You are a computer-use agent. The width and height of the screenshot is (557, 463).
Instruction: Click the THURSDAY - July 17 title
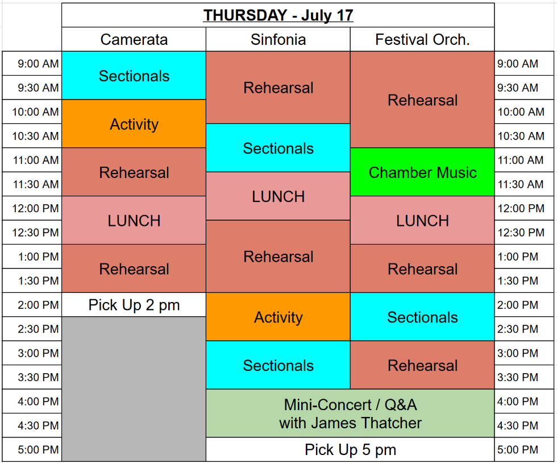(278, 15)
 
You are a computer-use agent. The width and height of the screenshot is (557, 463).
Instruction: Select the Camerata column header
(134, 39)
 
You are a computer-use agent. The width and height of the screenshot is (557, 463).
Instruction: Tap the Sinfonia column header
(278, 39)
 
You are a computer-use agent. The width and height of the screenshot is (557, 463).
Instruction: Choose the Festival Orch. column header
(422, 39)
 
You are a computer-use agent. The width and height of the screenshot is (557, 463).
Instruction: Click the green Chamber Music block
(422, 172)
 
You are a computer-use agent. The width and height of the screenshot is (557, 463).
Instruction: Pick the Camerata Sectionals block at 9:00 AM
(134, 76)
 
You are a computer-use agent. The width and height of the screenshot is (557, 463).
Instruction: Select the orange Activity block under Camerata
(134, 124)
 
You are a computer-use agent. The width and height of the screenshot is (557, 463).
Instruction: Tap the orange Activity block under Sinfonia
(278, 317)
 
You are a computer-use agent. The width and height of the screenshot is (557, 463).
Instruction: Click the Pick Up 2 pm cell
(134, 305)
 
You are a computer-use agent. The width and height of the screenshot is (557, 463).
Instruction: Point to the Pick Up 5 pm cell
(350, 449)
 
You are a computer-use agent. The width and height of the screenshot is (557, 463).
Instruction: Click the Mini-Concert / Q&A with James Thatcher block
(350, 413)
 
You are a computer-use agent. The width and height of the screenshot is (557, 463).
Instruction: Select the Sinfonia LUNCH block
(278, 196)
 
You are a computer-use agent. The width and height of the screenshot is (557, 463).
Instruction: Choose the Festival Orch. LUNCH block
(422, 220)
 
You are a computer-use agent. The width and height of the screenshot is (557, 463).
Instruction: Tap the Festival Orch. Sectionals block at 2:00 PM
(422, 317)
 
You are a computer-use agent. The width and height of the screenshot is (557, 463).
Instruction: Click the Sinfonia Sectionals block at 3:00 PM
(278, 365)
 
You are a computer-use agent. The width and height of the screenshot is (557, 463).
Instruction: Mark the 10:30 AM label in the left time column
(35, 136)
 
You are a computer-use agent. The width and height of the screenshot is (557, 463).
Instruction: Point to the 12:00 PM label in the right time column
(521, 208)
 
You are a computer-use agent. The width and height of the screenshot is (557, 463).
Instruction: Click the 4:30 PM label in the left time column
(38, 425)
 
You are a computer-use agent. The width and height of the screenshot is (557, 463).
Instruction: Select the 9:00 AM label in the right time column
(518, 64)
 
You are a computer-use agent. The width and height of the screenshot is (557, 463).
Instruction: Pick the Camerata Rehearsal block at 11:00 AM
(134, 172)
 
